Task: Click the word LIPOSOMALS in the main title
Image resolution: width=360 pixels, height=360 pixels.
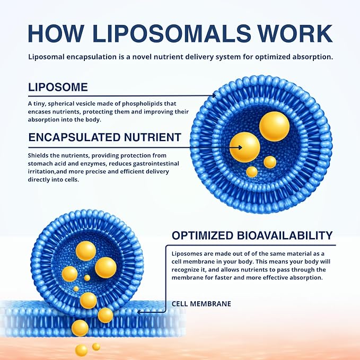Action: tap(171, 33)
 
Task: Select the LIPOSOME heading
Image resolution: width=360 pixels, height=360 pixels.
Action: tap(58, 87)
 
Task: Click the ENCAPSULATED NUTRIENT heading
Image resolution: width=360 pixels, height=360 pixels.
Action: tap(104, 137)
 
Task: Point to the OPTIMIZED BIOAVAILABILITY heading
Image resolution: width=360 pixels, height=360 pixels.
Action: tap(252, 235)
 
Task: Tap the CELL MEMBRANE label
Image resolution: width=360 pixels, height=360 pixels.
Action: tap(201, 304)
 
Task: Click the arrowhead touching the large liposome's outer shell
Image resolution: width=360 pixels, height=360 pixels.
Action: tap(214, 95)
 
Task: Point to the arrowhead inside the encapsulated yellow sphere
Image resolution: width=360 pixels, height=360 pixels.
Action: tap(240, 147)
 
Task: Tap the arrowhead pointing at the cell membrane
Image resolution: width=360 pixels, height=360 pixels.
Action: tap(139, 312)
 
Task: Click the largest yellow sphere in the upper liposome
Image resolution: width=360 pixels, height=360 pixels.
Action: tap(274, 127)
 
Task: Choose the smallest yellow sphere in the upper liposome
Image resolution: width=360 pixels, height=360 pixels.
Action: tap(252, 172)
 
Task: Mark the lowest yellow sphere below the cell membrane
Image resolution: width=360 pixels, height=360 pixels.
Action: tap(81, 350)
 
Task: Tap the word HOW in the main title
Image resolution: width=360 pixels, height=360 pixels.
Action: tap(55, 33)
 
